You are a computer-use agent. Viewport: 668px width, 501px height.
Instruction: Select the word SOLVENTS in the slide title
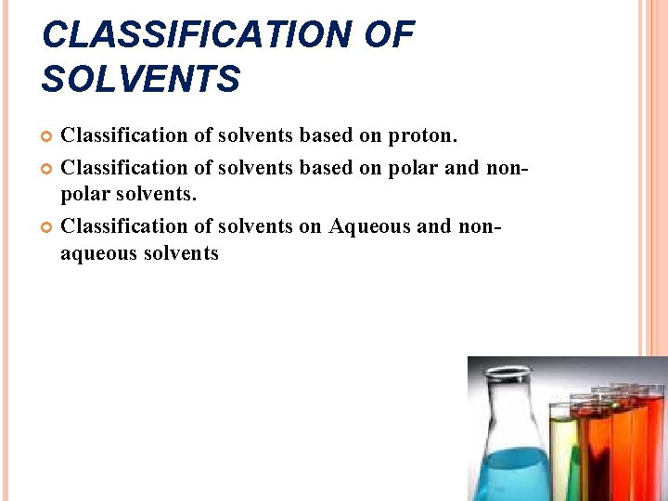[141, 81]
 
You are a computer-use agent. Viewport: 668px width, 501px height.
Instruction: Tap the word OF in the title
[391, 36]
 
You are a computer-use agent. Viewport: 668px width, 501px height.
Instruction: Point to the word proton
[422, 136]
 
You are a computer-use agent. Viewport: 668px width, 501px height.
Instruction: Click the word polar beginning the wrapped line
[83, 196]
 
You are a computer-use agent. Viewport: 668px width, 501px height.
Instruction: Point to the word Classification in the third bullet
[123, 225]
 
